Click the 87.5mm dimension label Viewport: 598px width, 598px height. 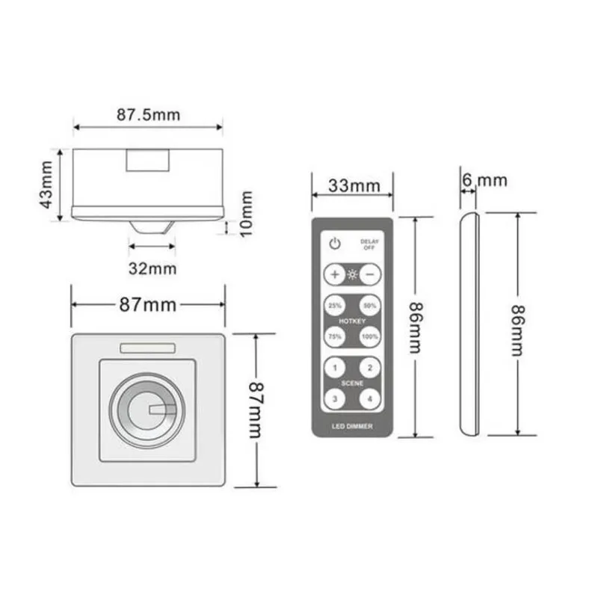(x=149, y=115)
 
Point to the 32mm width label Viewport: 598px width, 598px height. (x=152, y=267)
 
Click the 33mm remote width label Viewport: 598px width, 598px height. (x=352, y=185)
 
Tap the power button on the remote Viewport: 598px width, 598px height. (x=335, y=243)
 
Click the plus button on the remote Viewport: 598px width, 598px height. (x=334, y=274)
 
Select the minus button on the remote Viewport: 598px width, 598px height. (x=369, y=274)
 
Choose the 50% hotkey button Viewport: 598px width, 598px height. (x=369, y=306)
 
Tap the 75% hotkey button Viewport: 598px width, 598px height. (x=334, y=336)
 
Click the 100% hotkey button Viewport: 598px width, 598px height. (x=369, y=336)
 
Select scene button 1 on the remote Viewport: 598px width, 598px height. (x=334, y=368)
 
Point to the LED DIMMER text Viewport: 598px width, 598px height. (x=352, y=425)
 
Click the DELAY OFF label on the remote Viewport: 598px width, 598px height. (x=369, y=244)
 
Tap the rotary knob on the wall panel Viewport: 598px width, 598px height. (x=147, y=409)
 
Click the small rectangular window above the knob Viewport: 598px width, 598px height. (x=147, y=348)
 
